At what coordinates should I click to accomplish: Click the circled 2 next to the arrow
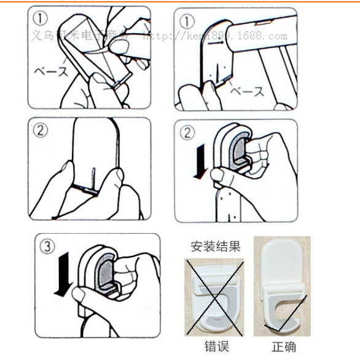[187, 132]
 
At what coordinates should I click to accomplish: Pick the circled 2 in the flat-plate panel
[41, 130]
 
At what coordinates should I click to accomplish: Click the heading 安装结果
[215, 247]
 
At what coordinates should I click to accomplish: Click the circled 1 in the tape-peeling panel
[40, 19]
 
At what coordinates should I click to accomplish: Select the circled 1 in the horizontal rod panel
[187, 22]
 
